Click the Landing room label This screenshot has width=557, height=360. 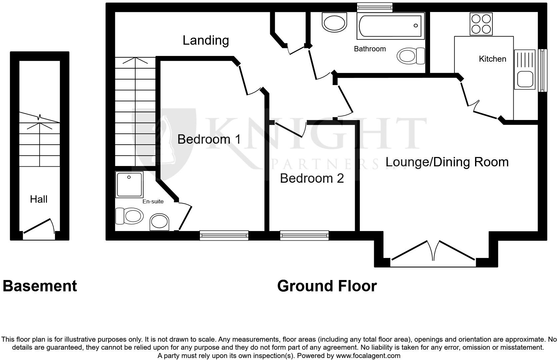206,40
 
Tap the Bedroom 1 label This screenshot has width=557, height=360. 209,139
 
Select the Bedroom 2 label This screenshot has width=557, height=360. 312,178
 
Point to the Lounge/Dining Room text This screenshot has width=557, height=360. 447,162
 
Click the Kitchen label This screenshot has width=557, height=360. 492,59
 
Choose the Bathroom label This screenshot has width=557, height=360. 370,49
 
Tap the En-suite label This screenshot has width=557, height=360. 153,201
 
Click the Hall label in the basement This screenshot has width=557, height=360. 39,199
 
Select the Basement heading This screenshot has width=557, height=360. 40,286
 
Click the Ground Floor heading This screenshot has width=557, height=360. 327,286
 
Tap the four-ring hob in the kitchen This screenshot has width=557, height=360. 481,24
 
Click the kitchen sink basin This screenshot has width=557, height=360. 525,79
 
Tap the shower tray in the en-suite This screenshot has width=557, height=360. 129,184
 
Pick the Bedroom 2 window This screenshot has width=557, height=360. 304,236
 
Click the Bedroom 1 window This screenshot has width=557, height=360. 224,236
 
